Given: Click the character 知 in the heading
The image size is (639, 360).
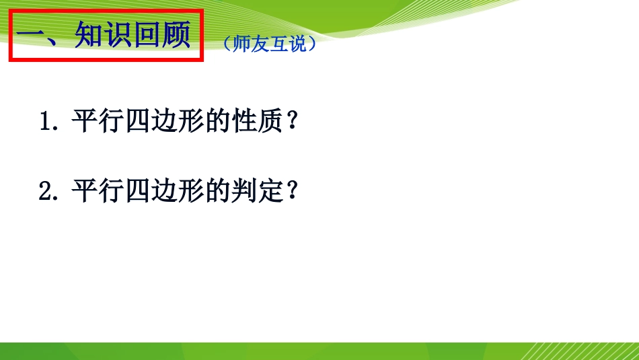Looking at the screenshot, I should (88, 36).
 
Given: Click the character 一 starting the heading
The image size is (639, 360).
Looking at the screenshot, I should (31, 36).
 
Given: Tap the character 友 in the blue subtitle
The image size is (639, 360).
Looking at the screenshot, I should (258, 44).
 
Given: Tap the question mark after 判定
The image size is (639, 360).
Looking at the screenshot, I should (292, 191).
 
